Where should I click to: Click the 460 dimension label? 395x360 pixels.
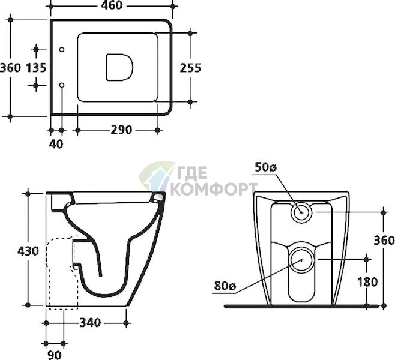[112, 5]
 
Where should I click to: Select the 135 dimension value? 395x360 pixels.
[36, 68]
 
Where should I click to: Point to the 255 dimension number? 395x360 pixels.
[190, 68]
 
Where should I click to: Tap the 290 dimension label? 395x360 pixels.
[121, 130]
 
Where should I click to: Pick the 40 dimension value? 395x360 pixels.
[56, 144]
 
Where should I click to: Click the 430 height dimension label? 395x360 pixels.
[28, 251]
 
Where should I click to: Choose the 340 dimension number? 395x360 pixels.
[90, 322]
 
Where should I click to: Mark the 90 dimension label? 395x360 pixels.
[55, 355]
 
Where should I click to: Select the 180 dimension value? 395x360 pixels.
[367, 282]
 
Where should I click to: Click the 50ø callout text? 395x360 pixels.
[266, 167]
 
